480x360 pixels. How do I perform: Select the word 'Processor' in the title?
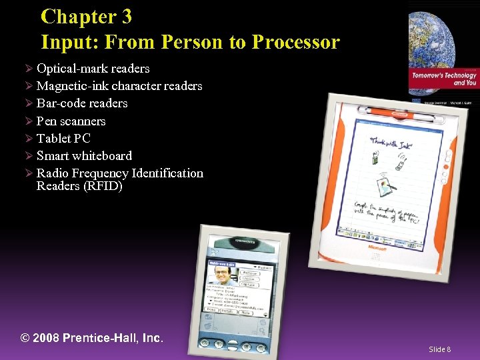click(295, 42)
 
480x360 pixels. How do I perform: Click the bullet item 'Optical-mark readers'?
click(93, 69)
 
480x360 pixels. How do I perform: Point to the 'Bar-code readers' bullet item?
click(82, 103)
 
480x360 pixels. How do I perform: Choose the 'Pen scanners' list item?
click(71, 121)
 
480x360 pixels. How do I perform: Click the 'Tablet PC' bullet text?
click(63, 139)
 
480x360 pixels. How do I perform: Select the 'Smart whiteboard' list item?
click(84, 156)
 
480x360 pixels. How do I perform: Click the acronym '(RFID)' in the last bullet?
click(102, 186)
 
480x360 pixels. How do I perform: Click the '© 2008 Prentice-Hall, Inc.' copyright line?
click(92, 338)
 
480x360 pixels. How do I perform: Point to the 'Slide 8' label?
click(439, 349)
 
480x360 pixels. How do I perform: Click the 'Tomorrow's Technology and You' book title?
click(444, 79)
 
